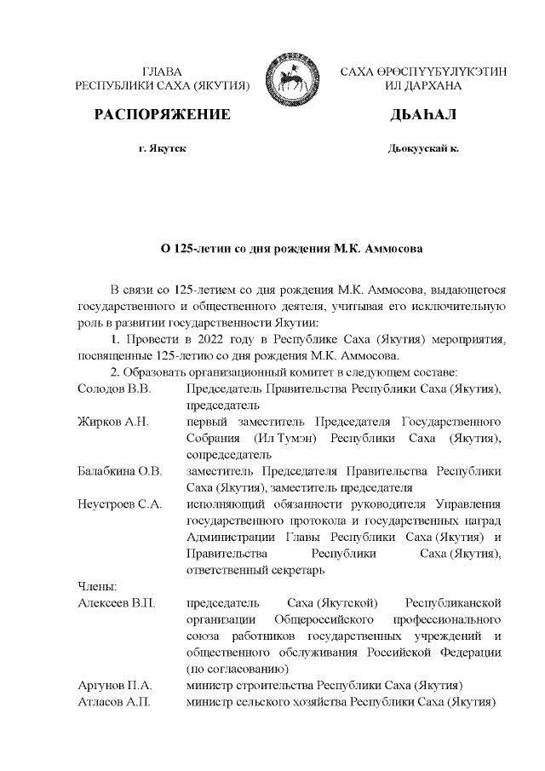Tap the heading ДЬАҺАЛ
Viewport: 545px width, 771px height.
(423, 114)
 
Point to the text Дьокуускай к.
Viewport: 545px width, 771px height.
(423, 148)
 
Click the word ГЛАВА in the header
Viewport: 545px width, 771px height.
(162, 72)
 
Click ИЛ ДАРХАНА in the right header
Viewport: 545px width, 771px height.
(423, 87)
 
